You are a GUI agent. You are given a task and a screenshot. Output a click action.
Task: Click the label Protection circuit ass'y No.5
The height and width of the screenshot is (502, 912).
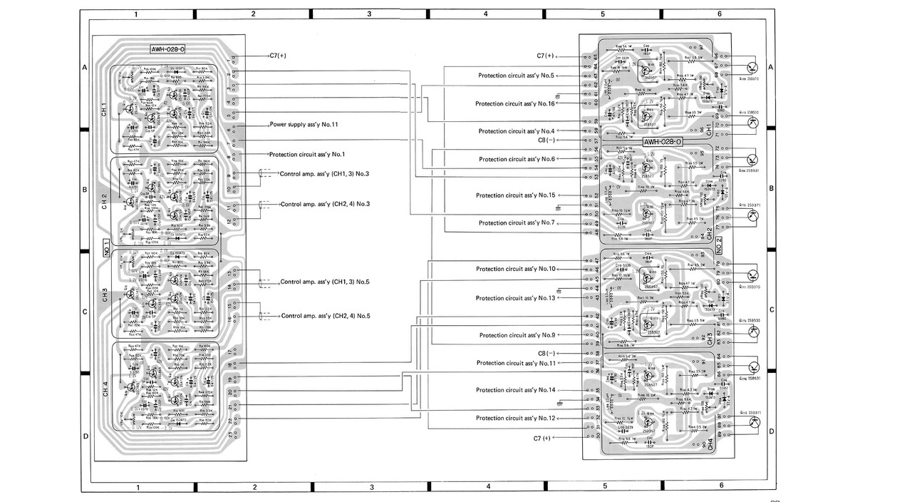[x=516, y=75]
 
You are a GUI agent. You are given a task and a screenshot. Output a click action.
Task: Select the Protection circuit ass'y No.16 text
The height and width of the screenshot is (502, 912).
[x=514, y=103]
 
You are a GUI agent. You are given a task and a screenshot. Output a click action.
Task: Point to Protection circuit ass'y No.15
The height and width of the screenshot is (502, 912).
[x=515, y=195]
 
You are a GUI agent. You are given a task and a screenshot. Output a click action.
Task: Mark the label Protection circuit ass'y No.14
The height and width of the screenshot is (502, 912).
[x=515, y=390]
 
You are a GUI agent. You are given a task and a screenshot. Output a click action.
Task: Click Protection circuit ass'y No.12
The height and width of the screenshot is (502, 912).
[x=516, y=418]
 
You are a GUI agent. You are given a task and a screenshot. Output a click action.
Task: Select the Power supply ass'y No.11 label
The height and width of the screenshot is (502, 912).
[x=304, y=124]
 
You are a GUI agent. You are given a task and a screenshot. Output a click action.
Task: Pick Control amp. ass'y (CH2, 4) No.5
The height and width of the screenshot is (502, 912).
[x=326, y=316]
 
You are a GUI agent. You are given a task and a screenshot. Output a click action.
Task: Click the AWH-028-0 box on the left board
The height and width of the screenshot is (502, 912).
[x=168, y=49]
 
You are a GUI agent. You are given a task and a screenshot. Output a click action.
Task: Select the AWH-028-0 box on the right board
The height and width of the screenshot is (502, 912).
[x=662, y=142]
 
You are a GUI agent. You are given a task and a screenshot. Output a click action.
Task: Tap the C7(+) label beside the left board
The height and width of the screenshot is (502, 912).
[x=278, y=56]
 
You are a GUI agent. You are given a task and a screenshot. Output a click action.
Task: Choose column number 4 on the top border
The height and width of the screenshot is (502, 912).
[x=485, y=14]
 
